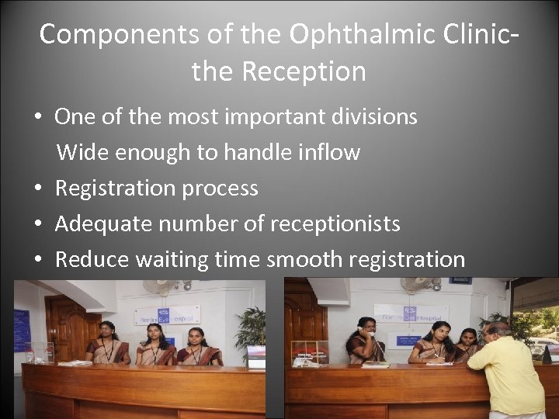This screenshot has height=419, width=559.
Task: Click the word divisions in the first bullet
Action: (374, 117)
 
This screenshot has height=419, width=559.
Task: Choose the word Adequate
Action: (103, 223)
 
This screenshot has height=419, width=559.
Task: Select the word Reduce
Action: (92, 259)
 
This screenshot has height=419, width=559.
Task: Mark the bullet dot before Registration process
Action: (37, 189)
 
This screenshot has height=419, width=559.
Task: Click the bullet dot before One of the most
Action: (37, 118)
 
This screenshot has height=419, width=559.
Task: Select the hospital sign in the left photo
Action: (166, 315)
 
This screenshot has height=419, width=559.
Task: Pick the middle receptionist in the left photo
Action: (155, 346)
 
